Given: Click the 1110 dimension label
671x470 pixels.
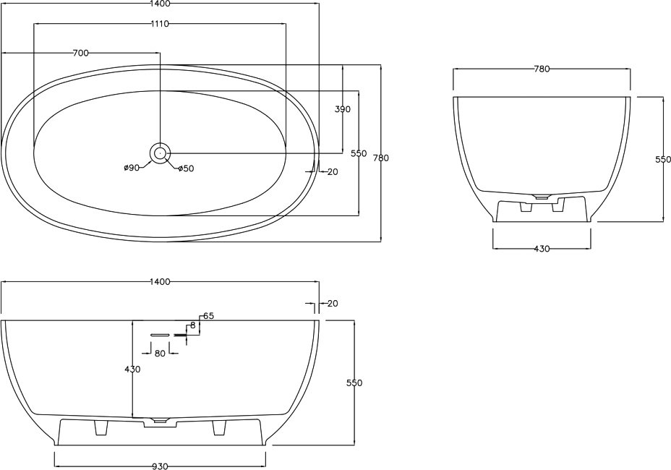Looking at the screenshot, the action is coord(160,24).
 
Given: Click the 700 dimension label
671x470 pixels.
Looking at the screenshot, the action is coord(81,53).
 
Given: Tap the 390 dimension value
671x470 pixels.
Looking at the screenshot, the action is coord(342,109).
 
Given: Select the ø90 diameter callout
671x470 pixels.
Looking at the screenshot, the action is coord(132,168).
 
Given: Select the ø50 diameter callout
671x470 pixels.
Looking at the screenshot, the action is coord(186,168).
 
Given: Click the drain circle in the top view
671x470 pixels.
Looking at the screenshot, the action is coord(160,153).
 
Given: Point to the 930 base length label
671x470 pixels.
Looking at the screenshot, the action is coord(160,466).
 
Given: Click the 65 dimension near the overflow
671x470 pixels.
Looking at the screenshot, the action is coord(208,316).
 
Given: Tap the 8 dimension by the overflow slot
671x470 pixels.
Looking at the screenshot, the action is coord(193,325).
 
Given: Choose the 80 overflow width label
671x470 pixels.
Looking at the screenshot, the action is coord(160,354).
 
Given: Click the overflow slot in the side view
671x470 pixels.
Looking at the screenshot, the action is coord(160,334).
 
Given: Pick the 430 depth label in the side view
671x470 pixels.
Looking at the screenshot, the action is coord(132,369).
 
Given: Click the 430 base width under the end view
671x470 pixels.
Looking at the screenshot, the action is coord(542,249).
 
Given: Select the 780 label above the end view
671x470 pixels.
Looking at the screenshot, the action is coord(542,69).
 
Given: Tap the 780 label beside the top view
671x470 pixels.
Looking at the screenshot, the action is coord(381,158).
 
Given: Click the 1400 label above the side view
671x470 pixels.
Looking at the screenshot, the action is coord(160,282).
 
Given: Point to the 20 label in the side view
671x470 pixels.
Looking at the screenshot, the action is coord(333,304).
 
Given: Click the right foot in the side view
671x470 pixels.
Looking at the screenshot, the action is coord(218,427).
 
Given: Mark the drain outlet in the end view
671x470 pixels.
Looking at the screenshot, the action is coord(542,197).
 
